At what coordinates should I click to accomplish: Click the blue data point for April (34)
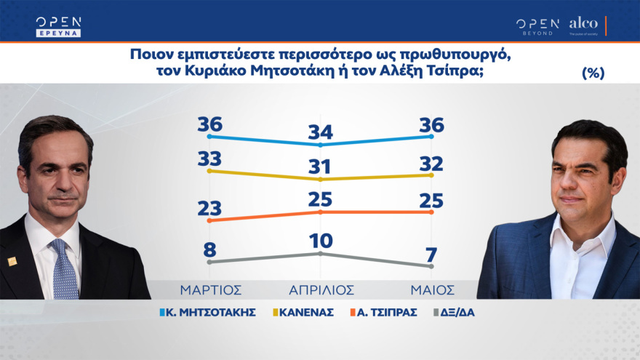(320, 145)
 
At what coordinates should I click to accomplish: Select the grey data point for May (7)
(432, 267)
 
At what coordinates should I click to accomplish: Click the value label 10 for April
(320, 239)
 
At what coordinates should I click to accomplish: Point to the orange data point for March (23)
(209, 220)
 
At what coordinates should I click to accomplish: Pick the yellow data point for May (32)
(432, 175)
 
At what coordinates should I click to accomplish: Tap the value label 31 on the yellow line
(320, 166)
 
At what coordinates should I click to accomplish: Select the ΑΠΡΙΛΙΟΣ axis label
(320, 289)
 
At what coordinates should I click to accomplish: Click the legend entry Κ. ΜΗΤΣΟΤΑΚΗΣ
(207, 313)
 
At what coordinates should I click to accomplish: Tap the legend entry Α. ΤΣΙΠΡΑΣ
(385, 313)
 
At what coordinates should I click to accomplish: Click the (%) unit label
(593, 73)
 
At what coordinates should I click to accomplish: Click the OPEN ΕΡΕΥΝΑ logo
(58, 26)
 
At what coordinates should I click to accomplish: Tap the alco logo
(583, 25)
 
